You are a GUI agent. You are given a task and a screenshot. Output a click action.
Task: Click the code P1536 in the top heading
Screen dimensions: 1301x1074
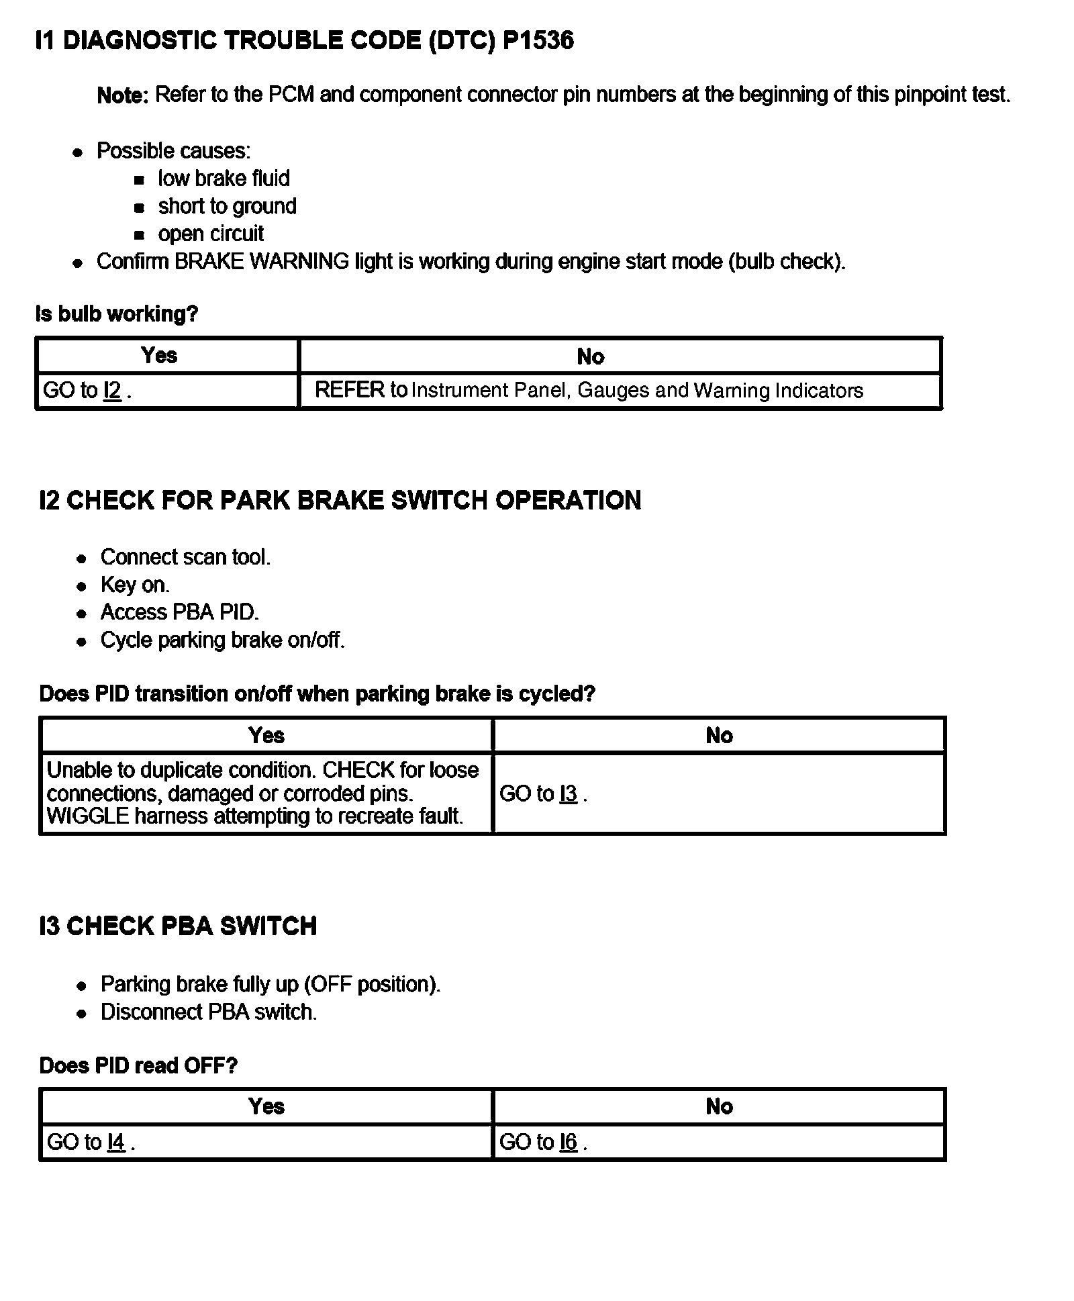click(x=538, y=41)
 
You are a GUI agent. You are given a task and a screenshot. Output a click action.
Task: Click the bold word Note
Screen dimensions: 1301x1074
click(x=122, y=95)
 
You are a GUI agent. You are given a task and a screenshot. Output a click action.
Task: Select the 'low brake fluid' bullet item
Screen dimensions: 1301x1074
click(x=224, y=179)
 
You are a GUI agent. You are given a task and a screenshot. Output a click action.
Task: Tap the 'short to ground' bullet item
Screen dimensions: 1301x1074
click(x=227, y=206)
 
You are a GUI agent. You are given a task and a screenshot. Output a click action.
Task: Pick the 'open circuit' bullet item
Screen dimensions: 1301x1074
click(x=211, y=234)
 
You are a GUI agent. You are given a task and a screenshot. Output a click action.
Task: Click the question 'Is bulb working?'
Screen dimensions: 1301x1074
click(x=117, y=314)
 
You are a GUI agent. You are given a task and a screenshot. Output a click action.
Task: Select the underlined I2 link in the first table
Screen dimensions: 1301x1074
click(x=112, y=390)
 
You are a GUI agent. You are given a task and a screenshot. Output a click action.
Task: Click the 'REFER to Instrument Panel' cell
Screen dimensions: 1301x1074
click(x=589, y=390)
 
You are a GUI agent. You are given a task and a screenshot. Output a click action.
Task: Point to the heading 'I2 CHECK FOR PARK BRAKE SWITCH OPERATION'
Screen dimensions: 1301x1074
click(x=340, y=500)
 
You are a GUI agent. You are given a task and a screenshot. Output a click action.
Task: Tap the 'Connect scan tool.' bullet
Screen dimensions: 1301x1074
click(x=185, y=557)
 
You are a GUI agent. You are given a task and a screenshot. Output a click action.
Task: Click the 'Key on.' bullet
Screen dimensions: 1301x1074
click(x=135, y=585)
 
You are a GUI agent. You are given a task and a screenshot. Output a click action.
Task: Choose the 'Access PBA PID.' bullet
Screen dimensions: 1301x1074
click(x=179, y=612)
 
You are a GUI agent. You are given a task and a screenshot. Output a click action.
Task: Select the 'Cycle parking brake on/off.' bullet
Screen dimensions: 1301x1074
click(x=222, y=640)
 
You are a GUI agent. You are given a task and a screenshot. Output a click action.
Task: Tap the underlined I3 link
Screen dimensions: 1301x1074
click(x=568, y=793)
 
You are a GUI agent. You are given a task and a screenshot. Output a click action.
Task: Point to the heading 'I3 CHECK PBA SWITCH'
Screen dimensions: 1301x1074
click(x=178, y=926)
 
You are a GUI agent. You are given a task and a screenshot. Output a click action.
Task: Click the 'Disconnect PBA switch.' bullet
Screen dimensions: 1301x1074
click(x=208, y=1012)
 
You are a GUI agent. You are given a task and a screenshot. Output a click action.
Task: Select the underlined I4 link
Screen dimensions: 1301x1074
click(x=115, y=1142)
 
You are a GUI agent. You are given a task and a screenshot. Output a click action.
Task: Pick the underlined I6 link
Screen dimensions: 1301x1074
click(x=568, y=1142)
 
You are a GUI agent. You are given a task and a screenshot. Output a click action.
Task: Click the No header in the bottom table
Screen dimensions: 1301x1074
click(x=719, y=1106)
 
